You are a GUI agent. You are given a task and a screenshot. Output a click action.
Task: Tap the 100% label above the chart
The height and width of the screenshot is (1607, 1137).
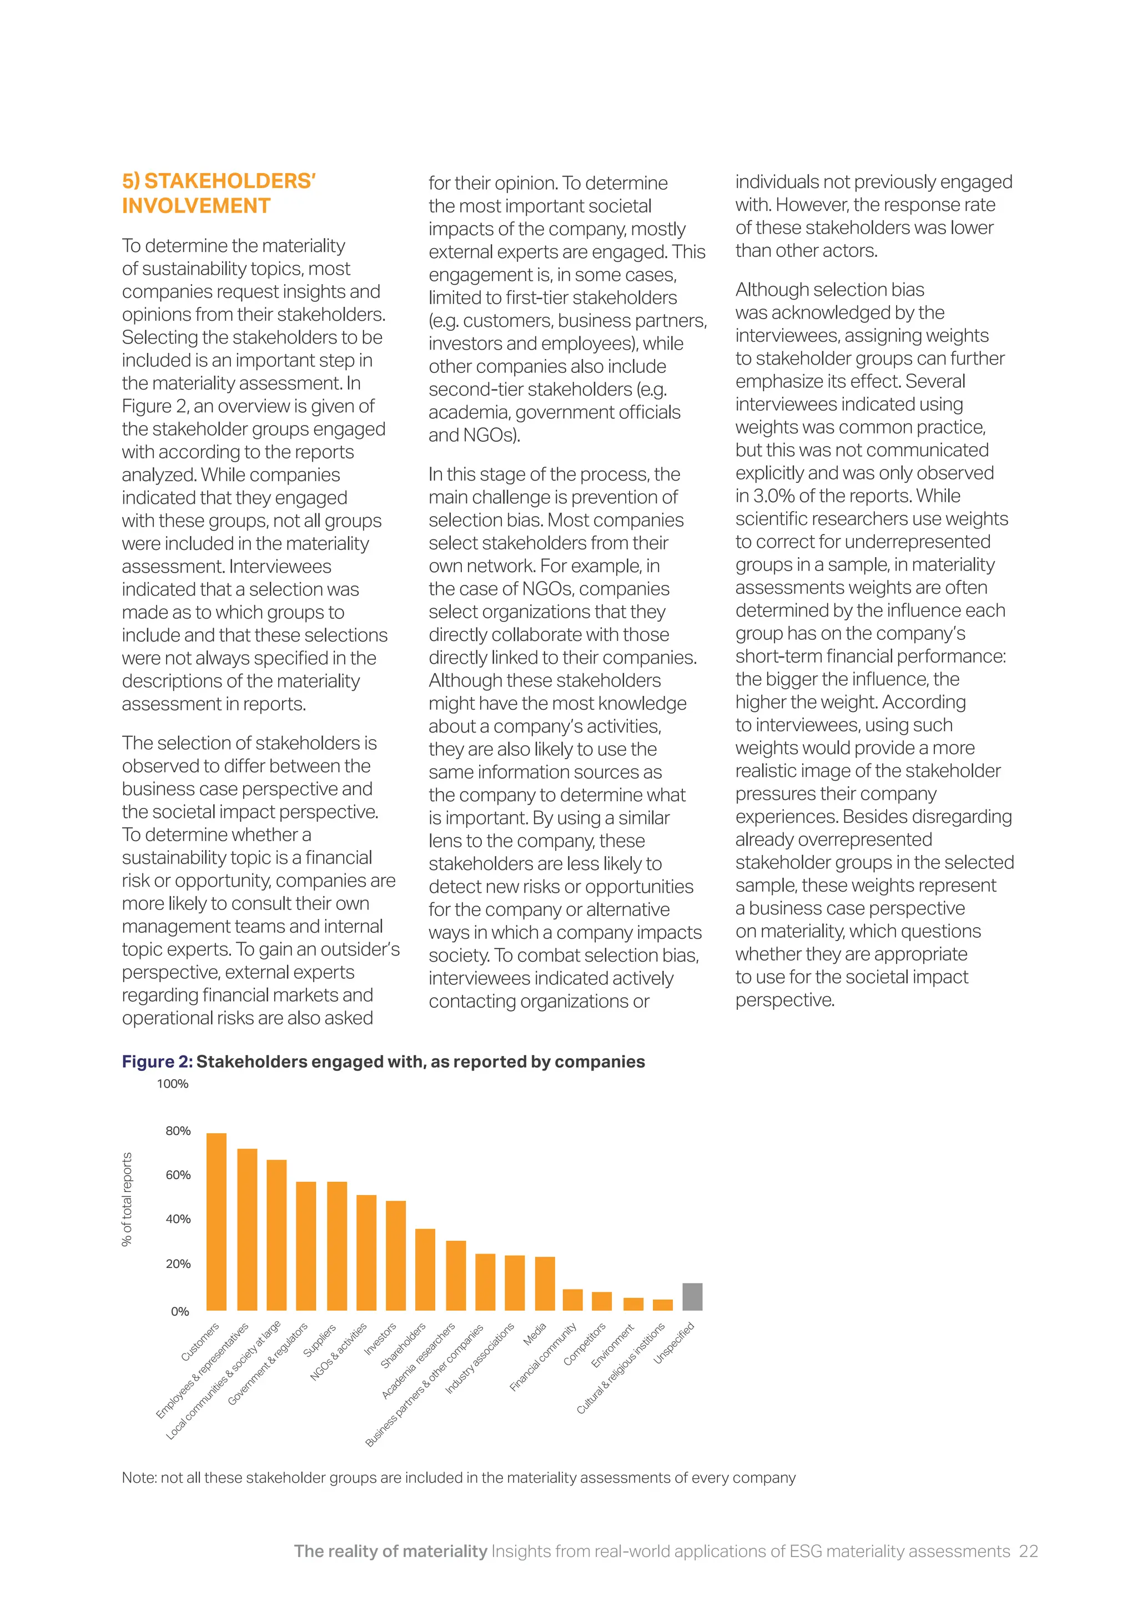pyautogui.click(x=172, y=1084)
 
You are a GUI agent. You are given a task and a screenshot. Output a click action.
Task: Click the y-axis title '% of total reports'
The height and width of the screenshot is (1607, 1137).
pyautogui.click(x=127, y=1199)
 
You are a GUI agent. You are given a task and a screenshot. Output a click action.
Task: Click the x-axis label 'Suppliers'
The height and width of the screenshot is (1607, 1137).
pyautogui.click(x=320, y=1340)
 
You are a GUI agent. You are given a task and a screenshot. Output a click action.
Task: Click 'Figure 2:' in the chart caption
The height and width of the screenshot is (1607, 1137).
pyautogui.click(x=157, y=1062)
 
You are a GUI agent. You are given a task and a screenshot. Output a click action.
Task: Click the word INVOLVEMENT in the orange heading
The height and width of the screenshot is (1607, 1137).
pyautogui.click(x=196, y=206)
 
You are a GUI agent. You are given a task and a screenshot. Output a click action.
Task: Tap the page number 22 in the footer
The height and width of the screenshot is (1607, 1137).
pyautogui.click(x=1028, y=1551)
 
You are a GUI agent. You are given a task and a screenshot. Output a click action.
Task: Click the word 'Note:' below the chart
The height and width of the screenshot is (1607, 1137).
pyautogui.click(x=139, y=1478)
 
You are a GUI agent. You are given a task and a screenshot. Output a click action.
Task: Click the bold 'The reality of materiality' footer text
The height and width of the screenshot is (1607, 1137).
pyautogui.click(x=390, y=1551)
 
